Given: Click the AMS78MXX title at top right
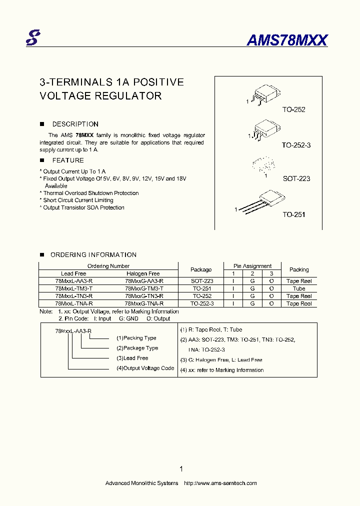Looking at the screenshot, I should [287, 40].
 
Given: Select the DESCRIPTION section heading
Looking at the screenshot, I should [75, 124].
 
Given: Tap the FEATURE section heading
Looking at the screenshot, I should [68, 160].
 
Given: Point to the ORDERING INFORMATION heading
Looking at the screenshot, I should [93, 255].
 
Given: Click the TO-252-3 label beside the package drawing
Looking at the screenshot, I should [296, 145].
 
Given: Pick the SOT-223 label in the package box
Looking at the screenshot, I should [296, 178].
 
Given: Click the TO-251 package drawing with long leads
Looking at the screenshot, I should [261, 202].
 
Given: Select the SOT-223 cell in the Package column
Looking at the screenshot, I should [202, 281].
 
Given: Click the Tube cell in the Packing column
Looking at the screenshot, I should [299, 288].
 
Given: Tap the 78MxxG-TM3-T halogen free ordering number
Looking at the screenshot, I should [144, 288].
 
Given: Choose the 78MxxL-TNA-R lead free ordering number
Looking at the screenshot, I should [73, 303].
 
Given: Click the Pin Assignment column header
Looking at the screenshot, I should [252, 266].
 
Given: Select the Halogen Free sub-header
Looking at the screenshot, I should [143, 273].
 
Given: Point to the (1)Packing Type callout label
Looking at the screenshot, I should [136, 338].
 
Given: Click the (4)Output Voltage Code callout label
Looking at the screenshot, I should [145, 368].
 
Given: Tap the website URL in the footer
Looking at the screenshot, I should [220, 483].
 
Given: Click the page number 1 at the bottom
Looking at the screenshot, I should [181, 469].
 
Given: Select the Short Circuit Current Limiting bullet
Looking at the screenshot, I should [78, 200].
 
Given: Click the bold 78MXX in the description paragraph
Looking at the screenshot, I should [84, 135].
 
